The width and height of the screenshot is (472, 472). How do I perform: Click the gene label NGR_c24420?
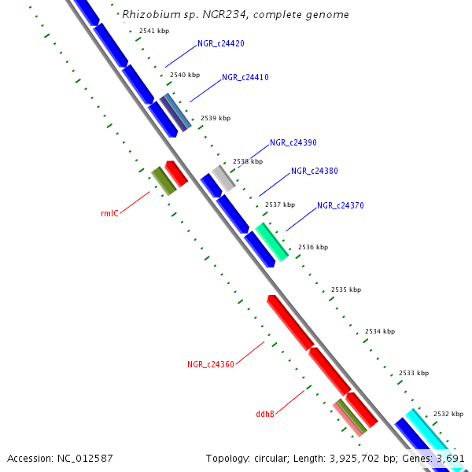click(x=220, y=43)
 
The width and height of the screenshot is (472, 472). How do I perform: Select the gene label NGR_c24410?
click(x=245, y=77)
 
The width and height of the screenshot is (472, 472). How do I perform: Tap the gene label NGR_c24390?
click(x=293, y=142)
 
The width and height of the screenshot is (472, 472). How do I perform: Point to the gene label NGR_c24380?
click(x=315, y=171)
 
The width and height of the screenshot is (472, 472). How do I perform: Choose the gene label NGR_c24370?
click(x=341, y=205)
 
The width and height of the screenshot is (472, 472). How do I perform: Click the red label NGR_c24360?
click(x=211, y=364)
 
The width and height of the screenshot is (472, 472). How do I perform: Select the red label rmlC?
click(x=109, y=213)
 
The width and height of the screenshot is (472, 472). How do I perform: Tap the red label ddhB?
click(x=265, y=413)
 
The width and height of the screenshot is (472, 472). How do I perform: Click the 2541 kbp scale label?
click(x=153, y=31)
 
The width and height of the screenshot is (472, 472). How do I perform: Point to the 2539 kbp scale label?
click(x=216, y=118)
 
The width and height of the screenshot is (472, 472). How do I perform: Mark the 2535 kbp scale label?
click(x=346, y=289)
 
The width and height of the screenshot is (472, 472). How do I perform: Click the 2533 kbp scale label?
click(x=413, y=372)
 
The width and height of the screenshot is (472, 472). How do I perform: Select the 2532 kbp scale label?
click(x=448, y=414)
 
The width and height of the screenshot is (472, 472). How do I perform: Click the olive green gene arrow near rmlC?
click(x=163, y=181)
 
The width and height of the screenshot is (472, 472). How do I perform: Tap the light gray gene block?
click(x=223, y=178)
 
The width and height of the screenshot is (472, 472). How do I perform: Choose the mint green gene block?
click(x=271, y=242)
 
